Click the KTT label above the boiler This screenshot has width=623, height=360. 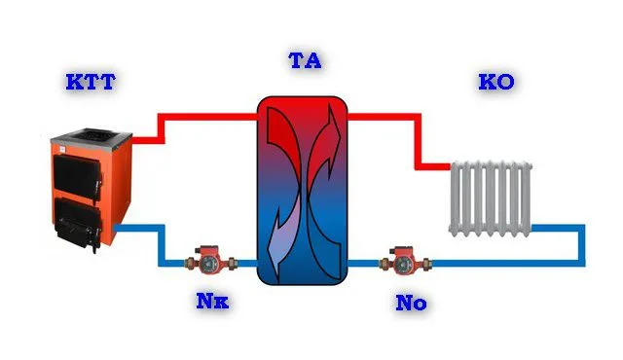click(91, 82)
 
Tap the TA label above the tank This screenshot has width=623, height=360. click(305, 60)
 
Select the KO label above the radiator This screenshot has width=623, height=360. click(496, 82)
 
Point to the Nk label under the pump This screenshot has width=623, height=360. click(212, 302)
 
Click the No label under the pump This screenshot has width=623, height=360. click(411, 303)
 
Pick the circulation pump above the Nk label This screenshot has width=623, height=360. click(210, 260)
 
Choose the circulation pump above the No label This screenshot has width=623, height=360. click(405, 260)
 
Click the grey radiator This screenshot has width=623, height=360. click(491, 198)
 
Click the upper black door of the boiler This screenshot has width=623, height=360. click(77, 174)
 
